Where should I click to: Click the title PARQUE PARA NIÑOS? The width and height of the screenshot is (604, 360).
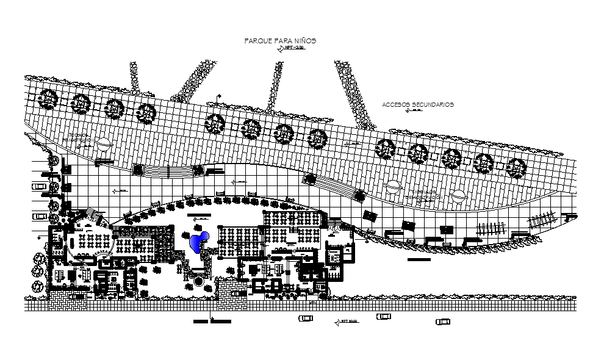[280, 40]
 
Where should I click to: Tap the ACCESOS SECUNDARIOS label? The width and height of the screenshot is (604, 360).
[418, 104]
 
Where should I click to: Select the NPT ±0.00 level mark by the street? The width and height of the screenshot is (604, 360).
[347, 322]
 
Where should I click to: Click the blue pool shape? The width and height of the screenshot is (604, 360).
[198, 242]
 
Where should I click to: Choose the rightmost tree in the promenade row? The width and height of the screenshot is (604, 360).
[516, 167]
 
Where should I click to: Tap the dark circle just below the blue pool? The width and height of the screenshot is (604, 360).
[198, 282]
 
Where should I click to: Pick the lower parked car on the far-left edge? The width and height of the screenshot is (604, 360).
[40, 214]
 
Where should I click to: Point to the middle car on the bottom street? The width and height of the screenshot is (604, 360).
[383, 317]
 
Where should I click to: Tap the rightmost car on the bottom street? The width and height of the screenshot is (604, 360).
[443, 321]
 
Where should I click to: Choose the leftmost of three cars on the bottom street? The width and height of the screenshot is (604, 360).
[305, 318]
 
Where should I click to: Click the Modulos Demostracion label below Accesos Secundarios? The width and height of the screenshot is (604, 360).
[421, 195]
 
